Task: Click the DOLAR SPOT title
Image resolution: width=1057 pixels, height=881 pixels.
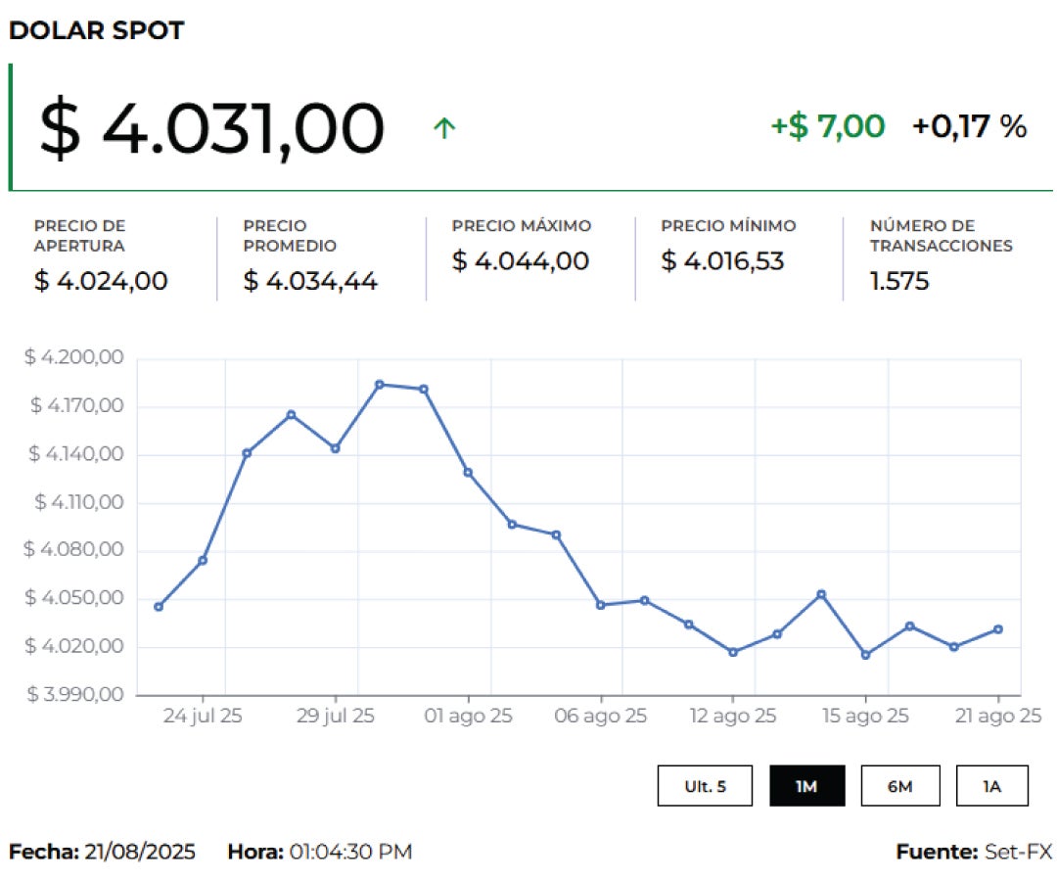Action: point(96,30)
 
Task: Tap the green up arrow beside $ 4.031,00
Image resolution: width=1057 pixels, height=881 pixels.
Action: point(444,127)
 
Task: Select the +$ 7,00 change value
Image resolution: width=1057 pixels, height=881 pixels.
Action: point(828,126)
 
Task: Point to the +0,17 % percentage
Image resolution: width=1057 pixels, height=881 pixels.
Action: point(969,126)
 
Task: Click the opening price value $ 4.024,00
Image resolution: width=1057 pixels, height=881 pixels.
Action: point(101,281)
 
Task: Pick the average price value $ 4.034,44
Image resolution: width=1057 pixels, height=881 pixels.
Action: point(310,282)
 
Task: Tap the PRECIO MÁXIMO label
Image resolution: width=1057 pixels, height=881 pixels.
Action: point(522,226)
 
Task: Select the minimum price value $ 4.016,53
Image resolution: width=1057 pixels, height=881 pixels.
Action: point(722,261)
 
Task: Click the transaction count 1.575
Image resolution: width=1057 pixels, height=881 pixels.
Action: point(899,282)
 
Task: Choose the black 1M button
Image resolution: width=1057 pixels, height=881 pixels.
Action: point(806,786)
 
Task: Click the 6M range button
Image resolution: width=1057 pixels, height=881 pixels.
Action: point(900,786)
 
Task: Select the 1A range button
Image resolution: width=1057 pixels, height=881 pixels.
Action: point(992,786)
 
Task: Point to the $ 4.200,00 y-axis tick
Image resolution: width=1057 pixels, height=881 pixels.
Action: point(74,358)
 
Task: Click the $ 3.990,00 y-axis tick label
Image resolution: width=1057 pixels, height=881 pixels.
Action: point(74,695)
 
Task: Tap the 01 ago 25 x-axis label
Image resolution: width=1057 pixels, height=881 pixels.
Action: point(469,717)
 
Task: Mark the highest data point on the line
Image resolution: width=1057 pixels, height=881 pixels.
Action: point(380,384)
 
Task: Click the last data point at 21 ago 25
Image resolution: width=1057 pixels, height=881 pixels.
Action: point(997,629)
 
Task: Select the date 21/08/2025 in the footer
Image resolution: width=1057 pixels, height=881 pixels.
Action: point(140,852)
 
